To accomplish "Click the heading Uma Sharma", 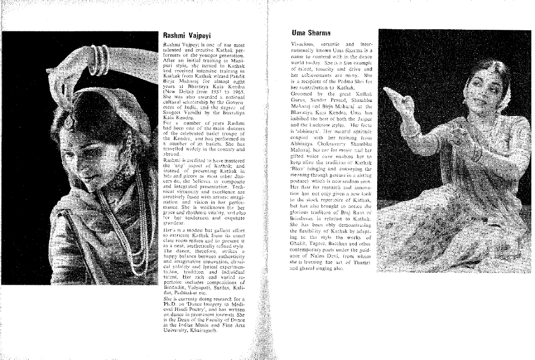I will (x=307, y=32).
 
